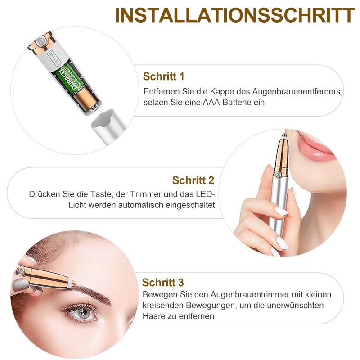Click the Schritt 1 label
coord(163,76)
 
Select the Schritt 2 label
coord(193,180)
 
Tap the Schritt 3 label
coord(163,283)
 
